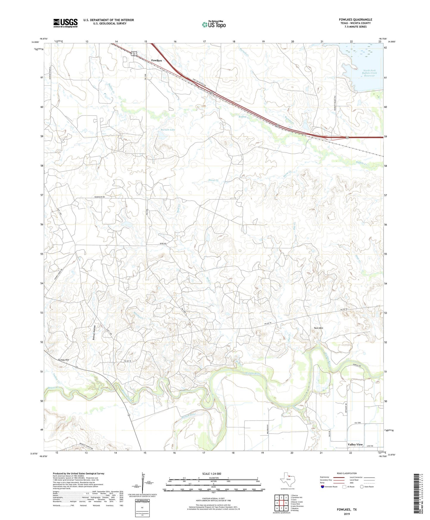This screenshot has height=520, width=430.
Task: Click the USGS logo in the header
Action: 65,23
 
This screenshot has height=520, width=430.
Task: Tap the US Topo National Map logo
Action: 213,24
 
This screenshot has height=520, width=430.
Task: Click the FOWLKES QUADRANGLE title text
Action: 355,20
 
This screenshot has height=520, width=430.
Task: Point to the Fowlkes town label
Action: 157,60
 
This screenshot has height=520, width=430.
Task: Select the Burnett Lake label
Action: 168,130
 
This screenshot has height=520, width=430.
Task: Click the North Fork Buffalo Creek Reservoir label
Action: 369,73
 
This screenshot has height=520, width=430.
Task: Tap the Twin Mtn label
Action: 318,328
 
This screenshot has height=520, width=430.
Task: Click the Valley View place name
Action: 355,444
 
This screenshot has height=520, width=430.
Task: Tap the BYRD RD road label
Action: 163,244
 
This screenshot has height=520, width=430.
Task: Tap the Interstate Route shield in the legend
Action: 323,487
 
